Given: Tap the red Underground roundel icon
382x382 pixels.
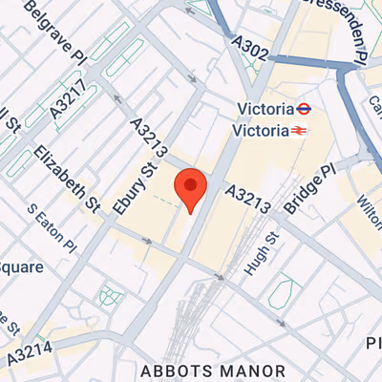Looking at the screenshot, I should click(x=304, y=108).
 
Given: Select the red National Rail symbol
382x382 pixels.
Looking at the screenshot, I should click(x=299, y=129).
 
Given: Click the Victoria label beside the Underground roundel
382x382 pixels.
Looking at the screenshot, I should click(x=264, y=108).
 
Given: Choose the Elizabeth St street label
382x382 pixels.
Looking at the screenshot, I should click(x=68, y=179).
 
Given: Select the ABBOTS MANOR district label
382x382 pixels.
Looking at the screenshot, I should click(x=212, y=371).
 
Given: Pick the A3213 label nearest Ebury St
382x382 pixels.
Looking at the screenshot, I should click(x=151, y=139).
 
